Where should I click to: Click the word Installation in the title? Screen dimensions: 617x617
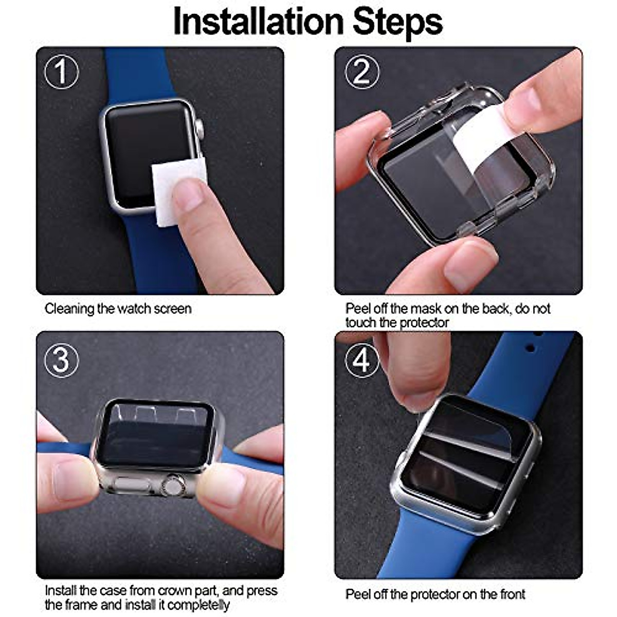pos(258,22)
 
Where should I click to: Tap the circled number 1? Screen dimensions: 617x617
pos(62,72)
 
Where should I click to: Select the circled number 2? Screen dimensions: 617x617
pos(361,72)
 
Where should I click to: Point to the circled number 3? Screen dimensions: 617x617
pos(62,360)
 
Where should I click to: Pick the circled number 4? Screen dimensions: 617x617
pos(361,360)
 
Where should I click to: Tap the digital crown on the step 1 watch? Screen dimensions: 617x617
pos(199,129)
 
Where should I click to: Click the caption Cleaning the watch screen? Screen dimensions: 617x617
pos(118,309)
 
